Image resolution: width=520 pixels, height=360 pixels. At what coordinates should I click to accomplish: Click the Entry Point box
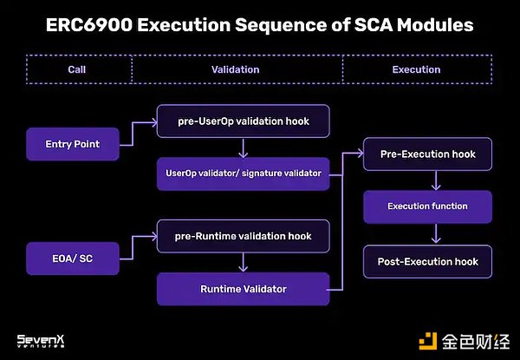(71, 144)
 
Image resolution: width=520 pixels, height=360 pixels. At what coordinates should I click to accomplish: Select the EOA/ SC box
(71, 258)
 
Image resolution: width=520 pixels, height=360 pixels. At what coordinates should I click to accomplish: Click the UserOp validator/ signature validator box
(243, 173)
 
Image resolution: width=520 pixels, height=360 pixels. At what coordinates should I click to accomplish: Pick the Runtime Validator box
(243, 288)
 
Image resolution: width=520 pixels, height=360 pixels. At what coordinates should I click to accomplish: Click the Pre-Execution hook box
(427, 154)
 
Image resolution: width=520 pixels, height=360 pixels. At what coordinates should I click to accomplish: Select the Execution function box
(427, 206)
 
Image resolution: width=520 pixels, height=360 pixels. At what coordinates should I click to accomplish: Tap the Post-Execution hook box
(427, 260)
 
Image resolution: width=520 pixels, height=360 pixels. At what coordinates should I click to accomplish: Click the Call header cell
(79, 69)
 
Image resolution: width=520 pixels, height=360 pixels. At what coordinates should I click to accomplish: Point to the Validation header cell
(236, 69)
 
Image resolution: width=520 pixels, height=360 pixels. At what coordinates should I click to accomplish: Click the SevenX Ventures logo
(43, 341)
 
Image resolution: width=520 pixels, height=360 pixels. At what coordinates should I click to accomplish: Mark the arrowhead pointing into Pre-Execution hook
(359, 154)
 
